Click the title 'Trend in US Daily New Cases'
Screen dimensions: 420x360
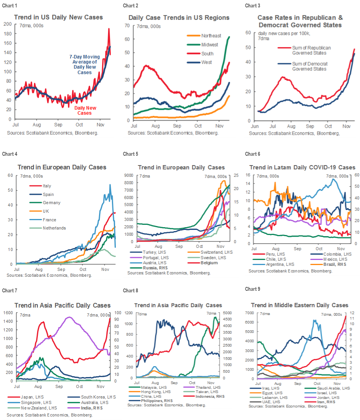(59, 17)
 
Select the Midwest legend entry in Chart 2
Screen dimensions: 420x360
(209, 44)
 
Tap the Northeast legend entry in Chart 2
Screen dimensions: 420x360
(211, 36)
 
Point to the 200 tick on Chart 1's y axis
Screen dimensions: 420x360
(9, 24)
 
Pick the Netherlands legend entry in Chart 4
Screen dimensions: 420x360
(54, 228)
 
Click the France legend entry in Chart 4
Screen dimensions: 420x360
(50, 219)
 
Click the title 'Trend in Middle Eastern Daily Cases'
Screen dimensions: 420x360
(300, 305)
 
